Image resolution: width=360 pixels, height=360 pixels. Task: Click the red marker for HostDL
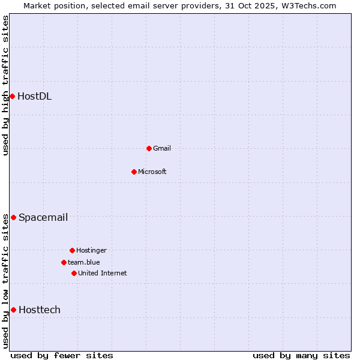pos(12,96)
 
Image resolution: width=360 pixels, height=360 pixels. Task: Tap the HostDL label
pos(34,96)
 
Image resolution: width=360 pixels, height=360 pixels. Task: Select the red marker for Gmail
pos(149,148)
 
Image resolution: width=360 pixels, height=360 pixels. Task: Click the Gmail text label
pos(162,148)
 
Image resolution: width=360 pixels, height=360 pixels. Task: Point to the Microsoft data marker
pos(134,172)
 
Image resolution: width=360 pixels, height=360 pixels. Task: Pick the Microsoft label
pos(152,172)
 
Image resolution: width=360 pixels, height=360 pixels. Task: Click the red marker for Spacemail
pos(13,217)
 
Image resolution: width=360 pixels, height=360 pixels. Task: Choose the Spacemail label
pos(43,217)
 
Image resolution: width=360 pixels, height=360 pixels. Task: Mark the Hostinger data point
pos(72,250)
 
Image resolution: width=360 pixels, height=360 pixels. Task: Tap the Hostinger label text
pos(91,250)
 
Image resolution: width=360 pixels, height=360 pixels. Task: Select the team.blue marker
pos(64,262)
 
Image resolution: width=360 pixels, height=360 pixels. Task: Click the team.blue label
pos(83,262)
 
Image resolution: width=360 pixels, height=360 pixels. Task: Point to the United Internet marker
pos(74,273)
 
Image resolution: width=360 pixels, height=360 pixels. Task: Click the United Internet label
pos(102,273)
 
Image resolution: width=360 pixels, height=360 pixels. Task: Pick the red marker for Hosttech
pos(13,310)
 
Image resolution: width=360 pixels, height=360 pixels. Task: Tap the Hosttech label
pos(39,310)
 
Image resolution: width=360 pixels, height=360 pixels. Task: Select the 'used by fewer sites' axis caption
pos(62,355)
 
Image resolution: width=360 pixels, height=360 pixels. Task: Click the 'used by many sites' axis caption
pos(301,355)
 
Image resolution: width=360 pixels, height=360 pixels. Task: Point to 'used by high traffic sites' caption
pos(5,85)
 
